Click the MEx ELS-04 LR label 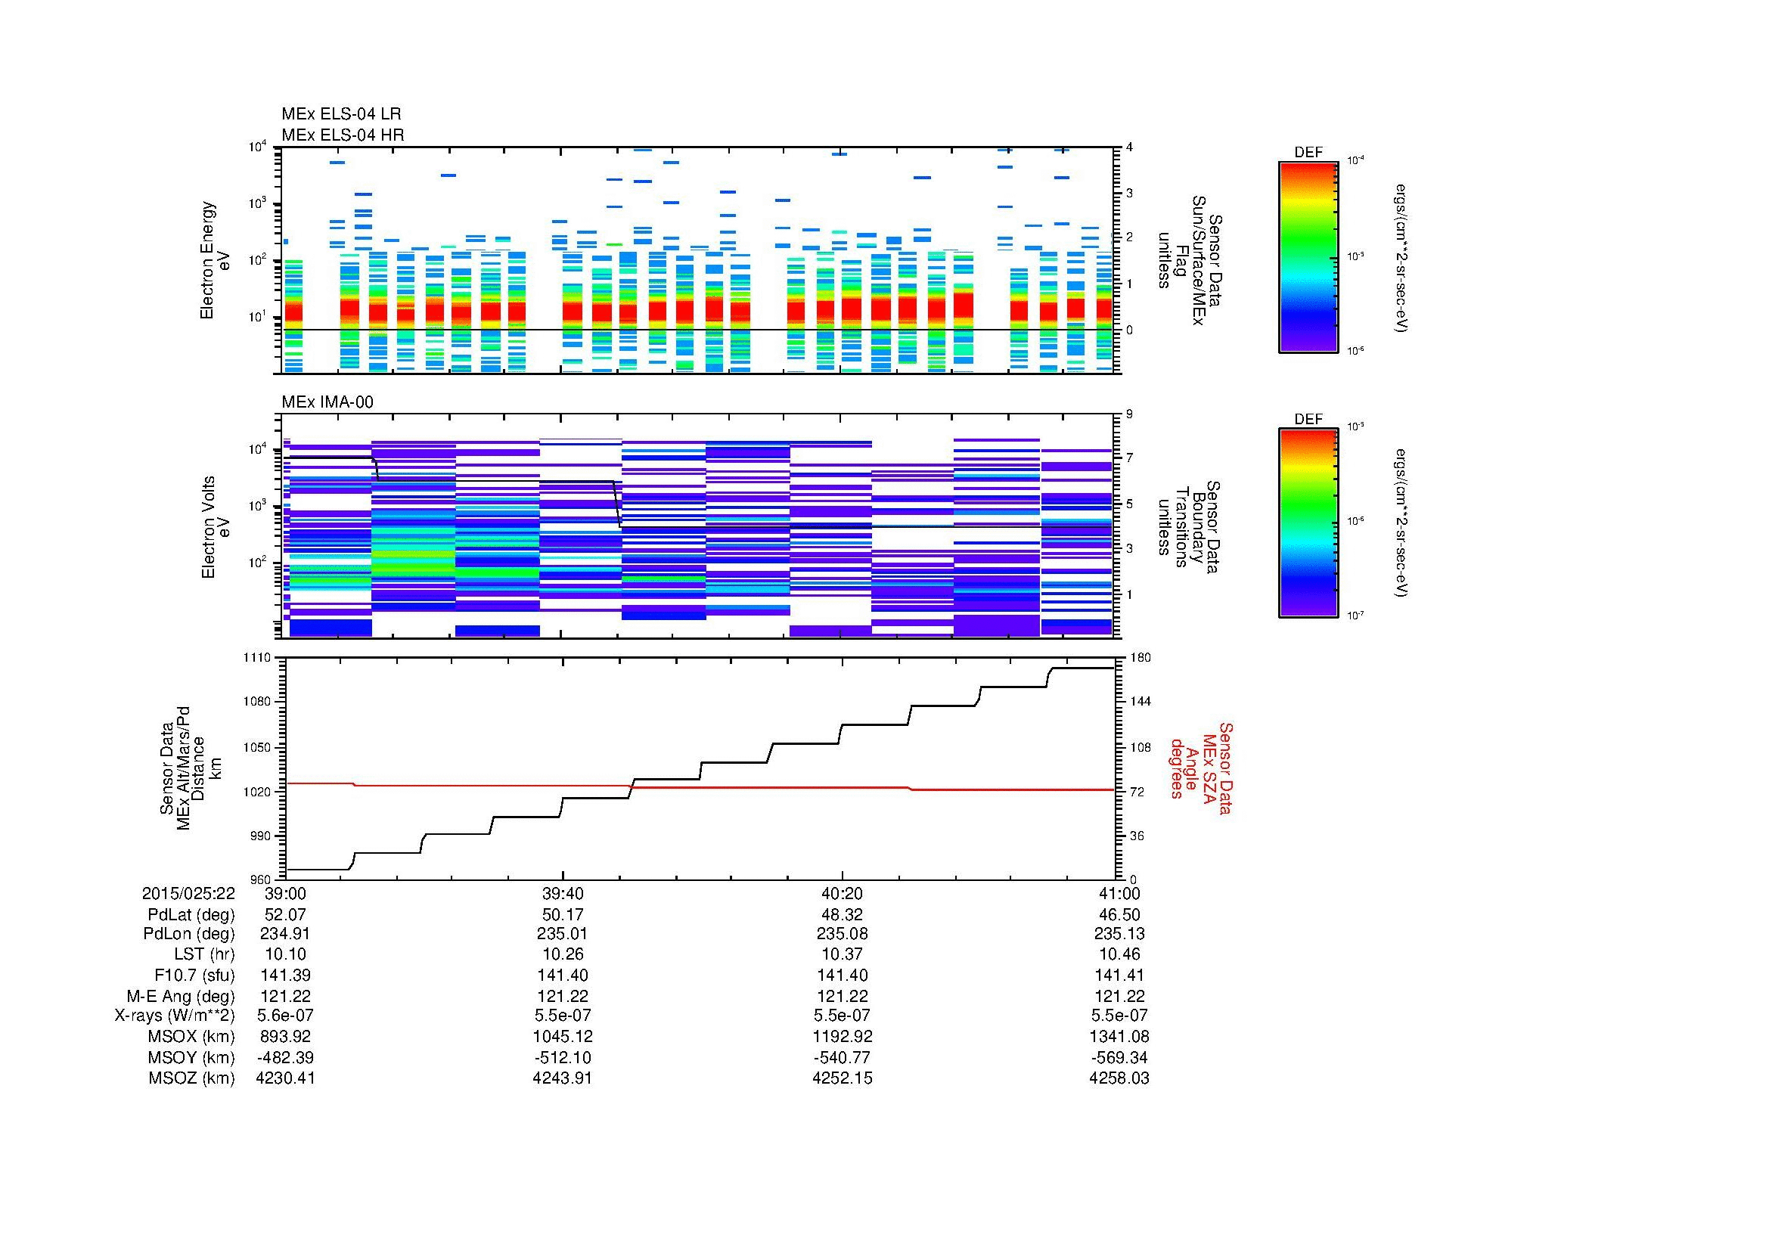pos(340,114)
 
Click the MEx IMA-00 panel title pos(327,402)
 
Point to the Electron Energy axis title pos(215,260)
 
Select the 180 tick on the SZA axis pos(1139,658)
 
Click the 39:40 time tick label pos(563,893)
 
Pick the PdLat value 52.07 pos(285,914)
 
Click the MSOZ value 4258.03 pos(1119,1078)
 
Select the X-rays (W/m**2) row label pos(174,1016)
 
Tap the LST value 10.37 pos(842,955)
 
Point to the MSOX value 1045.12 pos(563,1037)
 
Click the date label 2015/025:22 pos(188,893)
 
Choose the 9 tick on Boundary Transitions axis pos(1129,414)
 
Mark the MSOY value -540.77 pos(842,1057)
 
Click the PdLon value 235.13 pos(1119,934)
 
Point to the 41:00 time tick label pos(1119,893)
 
